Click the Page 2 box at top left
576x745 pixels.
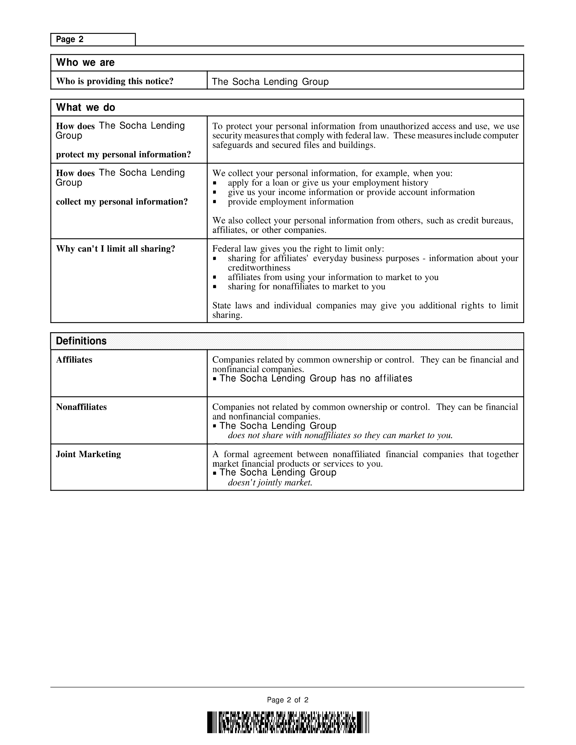(93, 40)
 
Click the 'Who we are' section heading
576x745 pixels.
(85, 63)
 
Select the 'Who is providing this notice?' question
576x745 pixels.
(115, 81)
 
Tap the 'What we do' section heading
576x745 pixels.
(86, 107)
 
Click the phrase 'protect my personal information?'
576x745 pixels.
(123, 154)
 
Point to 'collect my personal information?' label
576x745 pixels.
(122, 201)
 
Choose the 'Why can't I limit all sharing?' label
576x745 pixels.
(115, 249)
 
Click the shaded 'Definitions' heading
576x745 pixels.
(81, 341)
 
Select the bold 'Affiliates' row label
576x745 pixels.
(74, 360)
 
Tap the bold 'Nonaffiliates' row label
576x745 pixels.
(81, 407)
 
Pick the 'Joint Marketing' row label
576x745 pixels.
(88, 454)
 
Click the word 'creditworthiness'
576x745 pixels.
(259, 268)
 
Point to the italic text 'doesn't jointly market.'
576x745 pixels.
(270, 483)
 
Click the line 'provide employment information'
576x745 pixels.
(290, 202)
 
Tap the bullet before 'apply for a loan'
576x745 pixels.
(214, 183)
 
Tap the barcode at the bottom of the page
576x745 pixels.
(288, 723)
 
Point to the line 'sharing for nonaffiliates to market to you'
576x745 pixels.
(306, 286)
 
